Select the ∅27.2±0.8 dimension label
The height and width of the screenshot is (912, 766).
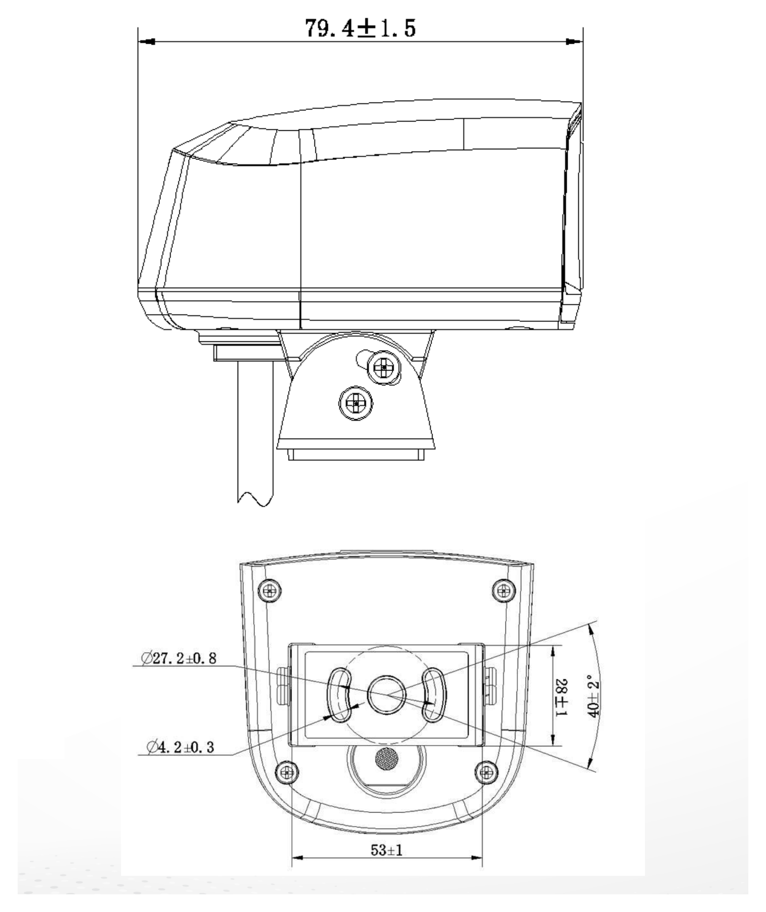point(179,658)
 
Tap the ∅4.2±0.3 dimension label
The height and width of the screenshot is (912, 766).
point(181,747)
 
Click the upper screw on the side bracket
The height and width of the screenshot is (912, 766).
point(384,367)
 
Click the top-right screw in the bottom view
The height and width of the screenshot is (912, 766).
point(504,590)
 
